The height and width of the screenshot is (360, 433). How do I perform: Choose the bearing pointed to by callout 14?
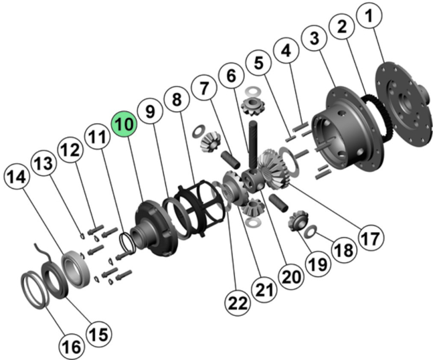[74, 269]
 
